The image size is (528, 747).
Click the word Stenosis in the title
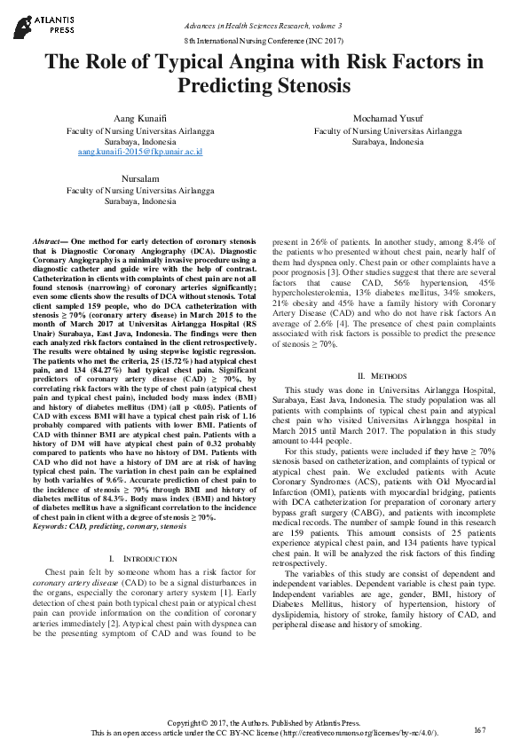314,86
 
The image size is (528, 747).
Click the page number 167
480,729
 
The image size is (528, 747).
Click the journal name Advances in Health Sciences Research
258,28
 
